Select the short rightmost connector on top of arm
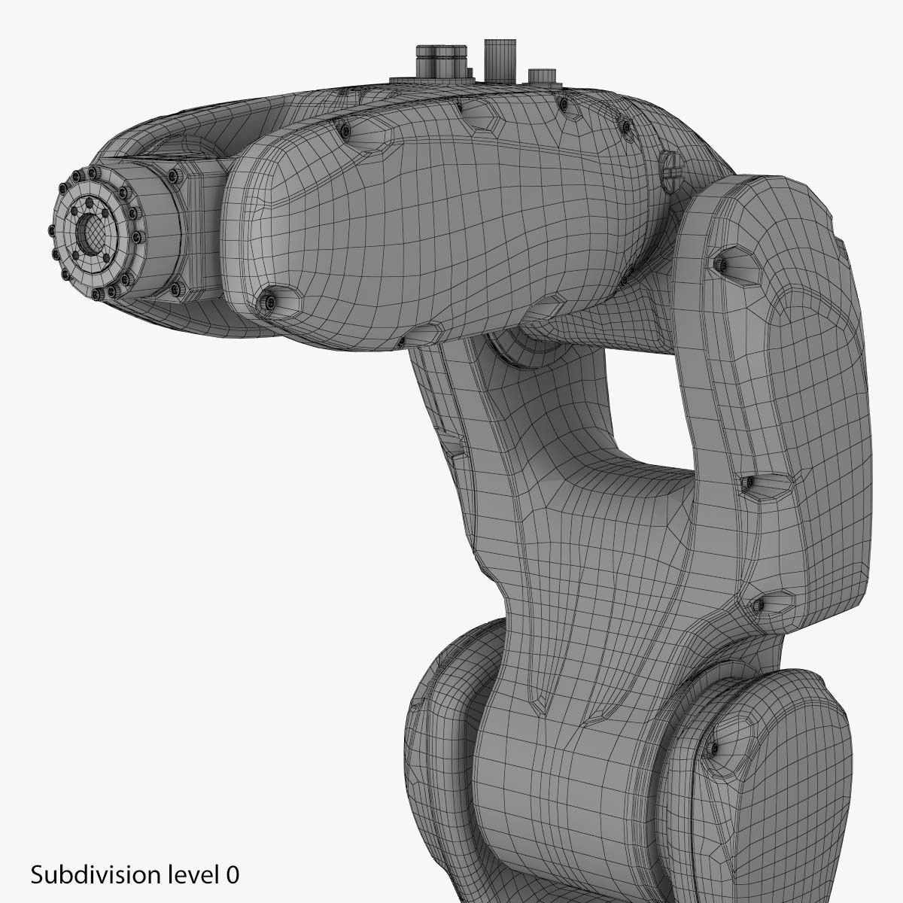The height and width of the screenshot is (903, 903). click(x=541, y=76)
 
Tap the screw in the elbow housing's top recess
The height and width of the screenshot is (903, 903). click(x=723, y=263)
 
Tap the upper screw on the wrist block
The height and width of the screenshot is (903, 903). click(x=175, y=177)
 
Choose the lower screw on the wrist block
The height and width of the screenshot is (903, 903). click(x=179, y=287)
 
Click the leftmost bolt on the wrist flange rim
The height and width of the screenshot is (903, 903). click(x=53, y=230)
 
